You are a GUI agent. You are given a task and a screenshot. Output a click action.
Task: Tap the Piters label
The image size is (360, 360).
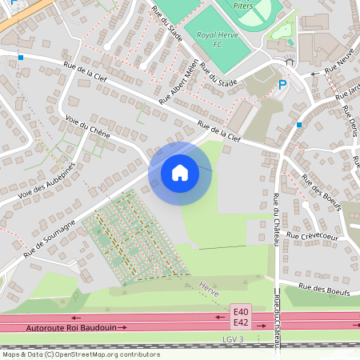pos(242,6)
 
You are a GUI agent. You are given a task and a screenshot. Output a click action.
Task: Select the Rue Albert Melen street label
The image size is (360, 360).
pos(179,82)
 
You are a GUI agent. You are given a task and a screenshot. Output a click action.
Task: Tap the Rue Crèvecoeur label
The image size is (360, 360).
pos(314,236)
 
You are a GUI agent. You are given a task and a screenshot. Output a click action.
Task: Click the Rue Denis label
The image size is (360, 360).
pos(350,119)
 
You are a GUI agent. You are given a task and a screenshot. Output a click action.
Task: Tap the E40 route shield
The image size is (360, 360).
pos(241,310)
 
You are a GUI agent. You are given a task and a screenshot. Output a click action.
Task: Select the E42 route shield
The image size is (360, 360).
pos(241,322)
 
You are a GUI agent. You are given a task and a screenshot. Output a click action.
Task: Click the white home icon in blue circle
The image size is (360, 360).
pos(180,173)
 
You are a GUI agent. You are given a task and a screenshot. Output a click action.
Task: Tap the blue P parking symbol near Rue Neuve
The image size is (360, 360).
pos(282,85)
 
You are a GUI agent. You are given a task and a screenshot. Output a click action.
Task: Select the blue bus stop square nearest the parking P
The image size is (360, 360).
pos(299,125)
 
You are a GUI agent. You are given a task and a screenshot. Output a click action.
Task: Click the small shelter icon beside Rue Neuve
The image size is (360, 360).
pos(289,61)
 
